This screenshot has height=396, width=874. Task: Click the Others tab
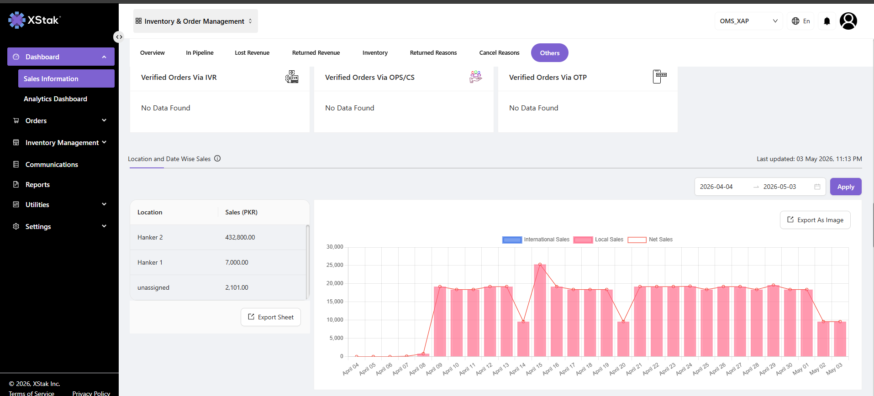[549, 53]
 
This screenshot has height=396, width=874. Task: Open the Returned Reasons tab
[433, 53]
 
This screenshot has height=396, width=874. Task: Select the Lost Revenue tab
[252, 53]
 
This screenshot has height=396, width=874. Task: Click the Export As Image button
[815, 220]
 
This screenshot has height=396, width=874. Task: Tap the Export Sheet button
[271, 317]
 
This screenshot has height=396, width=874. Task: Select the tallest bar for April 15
[540, 310]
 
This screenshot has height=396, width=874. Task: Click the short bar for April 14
[523, 339]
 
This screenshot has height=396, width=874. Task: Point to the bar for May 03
[840, 339]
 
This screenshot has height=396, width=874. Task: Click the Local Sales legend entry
[599, 240]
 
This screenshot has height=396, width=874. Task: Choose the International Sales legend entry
[536, 240]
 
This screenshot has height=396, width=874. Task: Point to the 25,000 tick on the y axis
[335, 265]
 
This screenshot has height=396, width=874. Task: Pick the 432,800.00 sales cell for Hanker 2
[240, 237]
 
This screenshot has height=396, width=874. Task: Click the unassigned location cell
[153, 287]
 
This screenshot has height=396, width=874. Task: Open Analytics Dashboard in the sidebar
[55, 99]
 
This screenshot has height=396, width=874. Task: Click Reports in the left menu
[37, 185]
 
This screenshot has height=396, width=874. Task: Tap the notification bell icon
[827, 21]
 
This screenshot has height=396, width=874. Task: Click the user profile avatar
[848, 21]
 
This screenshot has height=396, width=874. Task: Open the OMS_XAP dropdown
[748, 21]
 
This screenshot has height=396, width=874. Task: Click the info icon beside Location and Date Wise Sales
[217, 159]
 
